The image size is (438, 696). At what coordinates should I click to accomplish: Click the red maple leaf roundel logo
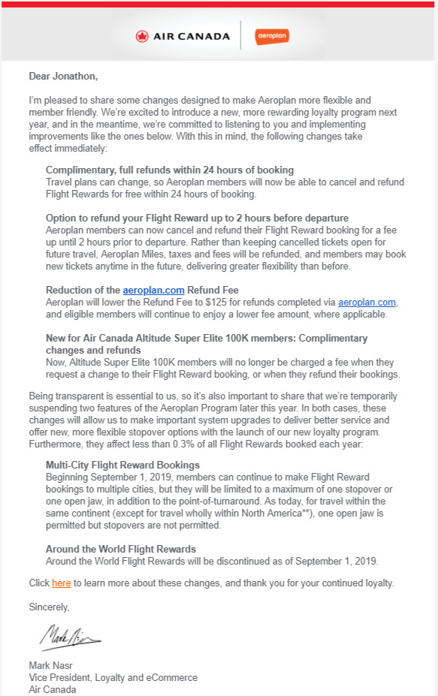143,36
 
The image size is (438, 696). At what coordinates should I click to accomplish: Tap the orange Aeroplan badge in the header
272,36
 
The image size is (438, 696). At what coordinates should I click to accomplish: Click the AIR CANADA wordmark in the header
189,36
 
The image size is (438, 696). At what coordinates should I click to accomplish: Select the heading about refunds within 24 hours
169,170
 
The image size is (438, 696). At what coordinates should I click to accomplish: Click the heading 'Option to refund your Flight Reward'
197,218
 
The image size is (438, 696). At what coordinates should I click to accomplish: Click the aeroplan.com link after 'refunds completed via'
367,302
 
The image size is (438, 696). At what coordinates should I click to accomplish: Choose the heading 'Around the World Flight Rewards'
120,549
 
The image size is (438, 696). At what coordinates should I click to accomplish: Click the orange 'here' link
61,583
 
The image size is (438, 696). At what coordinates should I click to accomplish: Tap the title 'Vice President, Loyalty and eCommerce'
113,677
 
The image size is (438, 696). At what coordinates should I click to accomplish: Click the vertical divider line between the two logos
240,36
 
